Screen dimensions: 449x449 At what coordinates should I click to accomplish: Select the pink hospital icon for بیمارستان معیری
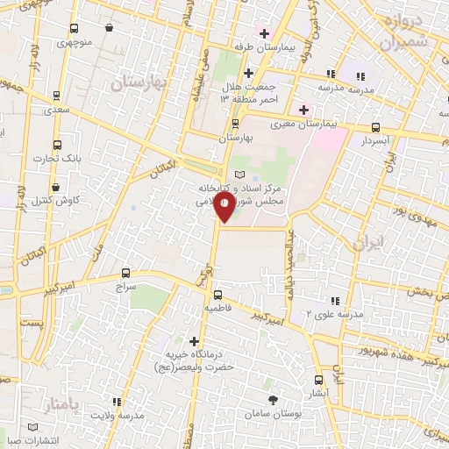pos(304,110)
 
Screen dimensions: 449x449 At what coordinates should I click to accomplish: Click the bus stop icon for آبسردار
pos(376,126)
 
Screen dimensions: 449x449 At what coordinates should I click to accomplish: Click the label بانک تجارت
pos(57,159)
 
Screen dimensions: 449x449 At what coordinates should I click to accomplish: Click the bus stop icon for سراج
pos(125,273)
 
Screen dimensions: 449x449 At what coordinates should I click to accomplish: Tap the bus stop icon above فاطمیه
pos(218,295)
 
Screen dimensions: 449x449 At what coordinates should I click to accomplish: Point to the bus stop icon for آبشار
pos(317,381)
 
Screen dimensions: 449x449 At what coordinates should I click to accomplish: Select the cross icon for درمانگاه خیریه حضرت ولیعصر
pos(195,340)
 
